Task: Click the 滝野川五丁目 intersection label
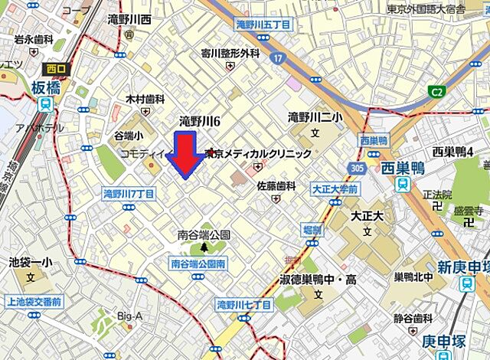tap(263, 25)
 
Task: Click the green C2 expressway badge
tap(436, 93)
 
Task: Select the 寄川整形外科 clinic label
tap(230, 54)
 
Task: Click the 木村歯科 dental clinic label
tap(145, 99)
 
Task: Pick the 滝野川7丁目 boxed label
tap(129, 195)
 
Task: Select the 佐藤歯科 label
tap(276, 185)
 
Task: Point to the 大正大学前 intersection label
tap(335, 188)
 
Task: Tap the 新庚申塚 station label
tap(463, 266)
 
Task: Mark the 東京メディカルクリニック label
tap(259, 154)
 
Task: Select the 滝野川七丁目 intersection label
tap(245, 304)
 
